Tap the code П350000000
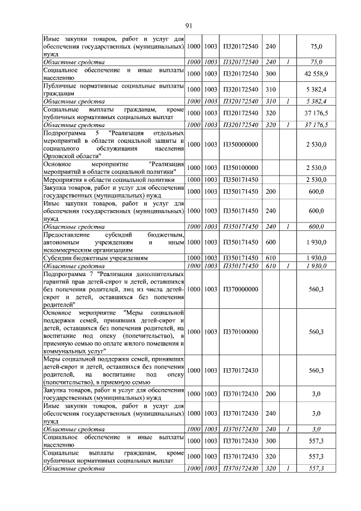pyautogui.click(x=240, y=145)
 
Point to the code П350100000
pyautogui.click(x=240, y=168)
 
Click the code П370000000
pyautogui.click(x=240, y=289)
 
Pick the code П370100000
pyautogui.click(x=240, y=331)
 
